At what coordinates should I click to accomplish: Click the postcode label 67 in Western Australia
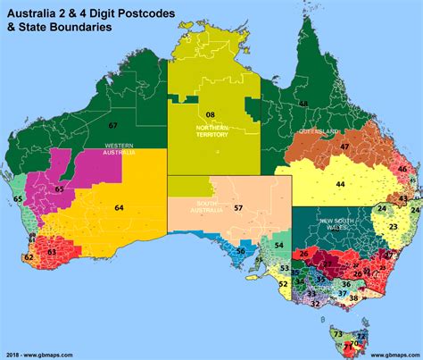click(112, 125)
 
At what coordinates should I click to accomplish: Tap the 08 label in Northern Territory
click(211, 115)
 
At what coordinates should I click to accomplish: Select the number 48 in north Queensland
click(303, 104)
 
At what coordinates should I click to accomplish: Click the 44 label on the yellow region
click(340, 184)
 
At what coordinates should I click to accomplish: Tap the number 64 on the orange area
click(119, 208)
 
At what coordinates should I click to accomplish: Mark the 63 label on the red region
click(51, 253)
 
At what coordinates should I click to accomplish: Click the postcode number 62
click(29, 257)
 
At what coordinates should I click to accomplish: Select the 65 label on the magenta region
click(59, 189)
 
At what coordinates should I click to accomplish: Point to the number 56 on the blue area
click(240, 252)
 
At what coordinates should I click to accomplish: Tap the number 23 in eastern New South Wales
click(393, 228)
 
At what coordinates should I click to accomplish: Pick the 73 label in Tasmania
click(336, 334)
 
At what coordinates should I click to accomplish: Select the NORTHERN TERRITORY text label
click(213, 130)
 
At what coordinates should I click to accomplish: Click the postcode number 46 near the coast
click(402, 169)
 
